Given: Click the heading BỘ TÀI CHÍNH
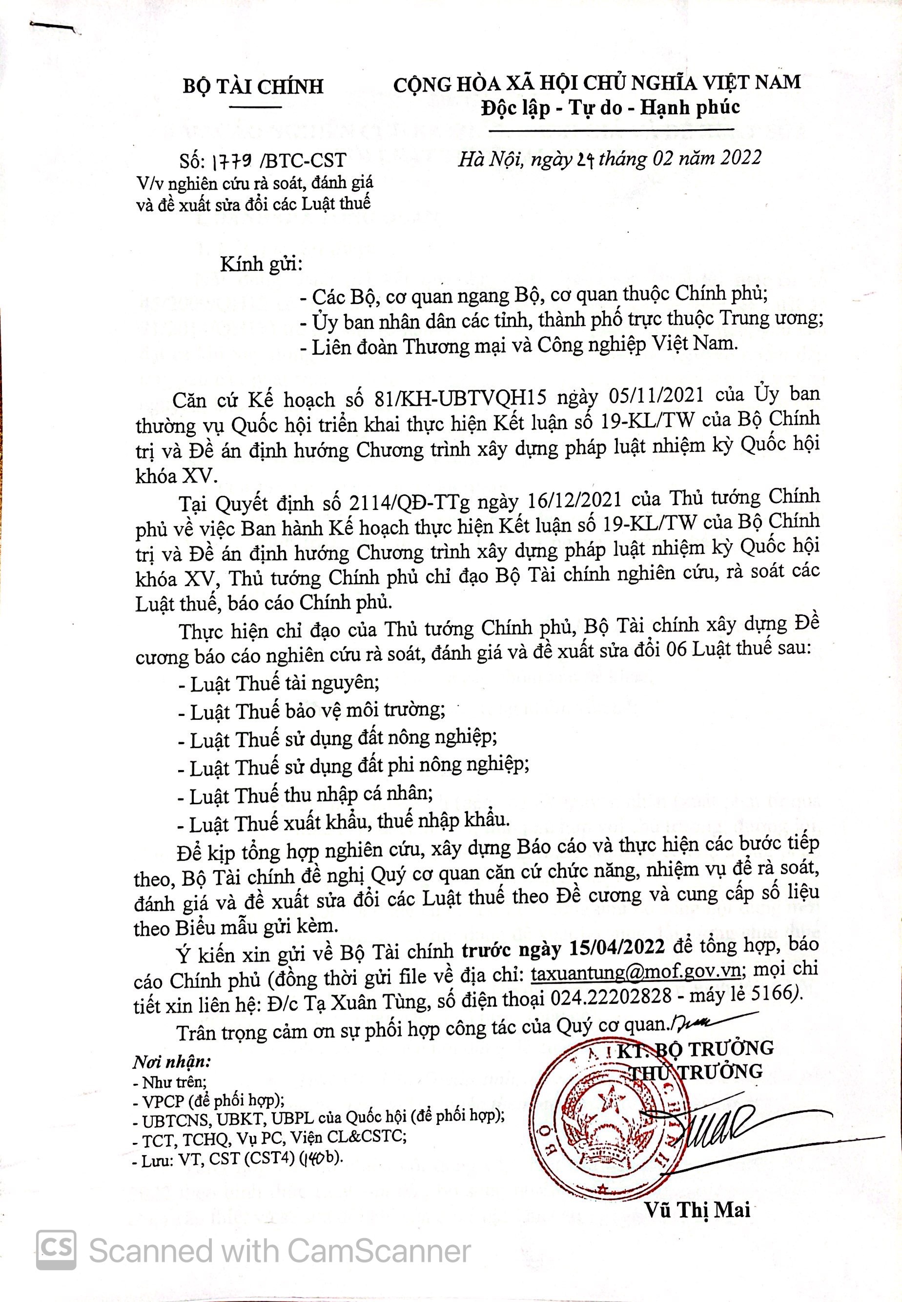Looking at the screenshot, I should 253,86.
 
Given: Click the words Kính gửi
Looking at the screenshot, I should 259,264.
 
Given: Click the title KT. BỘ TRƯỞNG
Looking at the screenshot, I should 695,1049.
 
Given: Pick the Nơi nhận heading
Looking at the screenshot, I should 171,1061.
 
